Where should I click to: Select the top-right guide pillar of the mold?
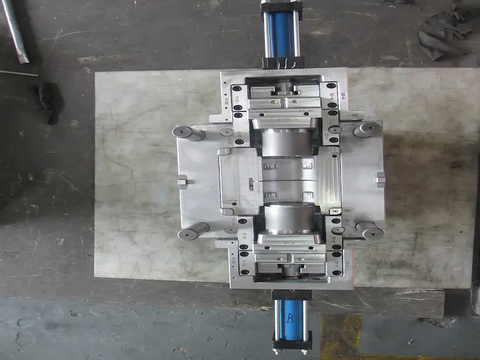367,129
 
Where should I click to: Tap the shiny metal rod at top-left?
15,30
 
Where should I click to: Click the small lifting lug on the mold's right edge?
380,179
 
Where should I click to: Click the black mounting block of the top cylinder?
282,62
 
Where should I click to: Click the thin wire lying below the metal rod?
18,74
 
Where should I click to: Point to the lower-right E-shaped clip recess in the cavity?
308,195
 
